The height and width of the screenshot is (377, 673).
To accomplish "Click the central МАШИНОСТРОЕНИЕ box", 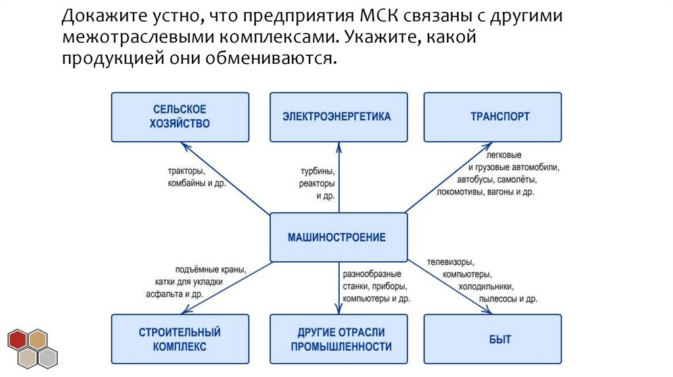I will [337, 237].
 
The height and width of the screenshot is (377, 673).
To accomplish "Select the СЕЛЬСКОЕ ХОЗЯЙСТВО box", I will [180, 116].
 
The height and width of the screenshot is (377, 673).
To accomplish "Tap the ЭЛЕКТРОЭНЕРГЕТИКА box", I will [337, 116].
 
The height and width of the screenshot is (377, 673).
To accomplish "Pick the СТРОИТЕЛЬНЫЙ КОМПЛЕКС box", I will [180, 339].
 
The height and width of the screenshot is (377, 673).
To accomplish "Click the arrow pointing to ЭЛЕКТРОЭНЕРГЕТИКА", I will [339, 177].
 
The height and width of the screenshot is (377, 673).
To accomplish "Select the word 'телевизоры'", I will [451, 262].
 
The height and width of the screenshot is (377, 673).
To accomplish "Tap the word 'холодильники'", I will [486, 286].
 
